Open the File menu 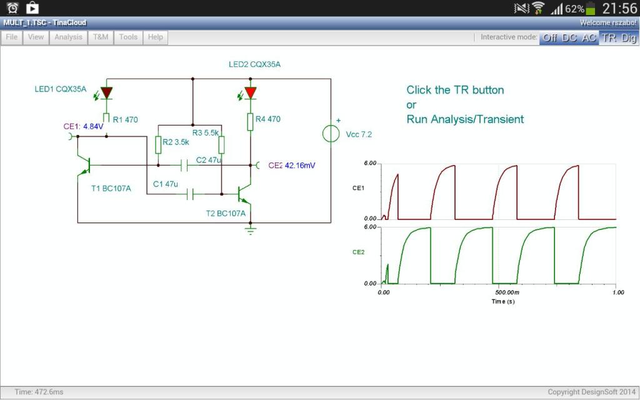pyautogui.click(x=11, y=37)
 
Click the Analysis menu pyautogui.click(x=68, y=37)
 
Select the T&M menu pyautogui.click(x=101, y=37)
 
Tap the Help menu pyautogui.click(x=156, y=37)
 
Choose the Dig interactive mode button pyautogui.click(x=628, y=37)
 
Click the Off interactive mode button pyautogui.click(x=549, y=37)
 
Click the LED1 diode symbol pyautogui.click(x=106, y=92)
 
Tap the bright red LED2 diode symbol pyautogui.click(x=251, y=92)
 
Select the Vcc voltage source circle pyautogui.click(x=330, y=133)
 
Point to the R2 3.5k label pyautogui.click(x=176, y=142)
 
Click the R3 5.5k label pyautogui.click(x=206, y=132)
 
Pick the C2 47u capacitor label pyautogui.click(x=209, y=160)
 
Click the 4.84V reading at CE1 pyautogui.click(x=93, y=126)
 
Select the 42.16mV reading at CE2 pyautogui.click(x=300, y=166)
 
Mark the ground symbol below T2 pyautogui.click(x=251, y=231)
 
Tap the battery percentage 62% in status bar pyautogui.click(x=574, y=9)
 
